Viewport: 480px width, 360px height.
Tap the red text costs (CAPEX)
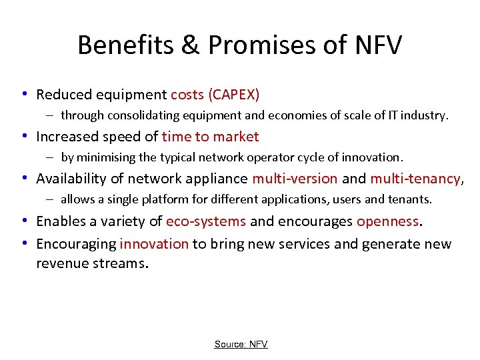click(x=215, y=95)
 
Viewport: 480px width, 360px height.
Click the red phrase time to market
click(x=210, y=137)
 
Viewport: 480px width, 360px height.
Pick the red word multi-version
click(x=295, y=179)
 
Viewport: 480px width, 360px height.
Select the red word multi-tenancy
click(x=415, y=179)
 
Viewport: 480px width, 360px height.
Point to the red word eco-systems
click(x=206, y=221)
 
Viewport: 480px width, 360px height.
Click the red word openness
click(x=387, y=221)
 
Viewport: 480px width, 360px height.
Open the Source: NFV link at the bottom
click(x=241, y=344)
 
